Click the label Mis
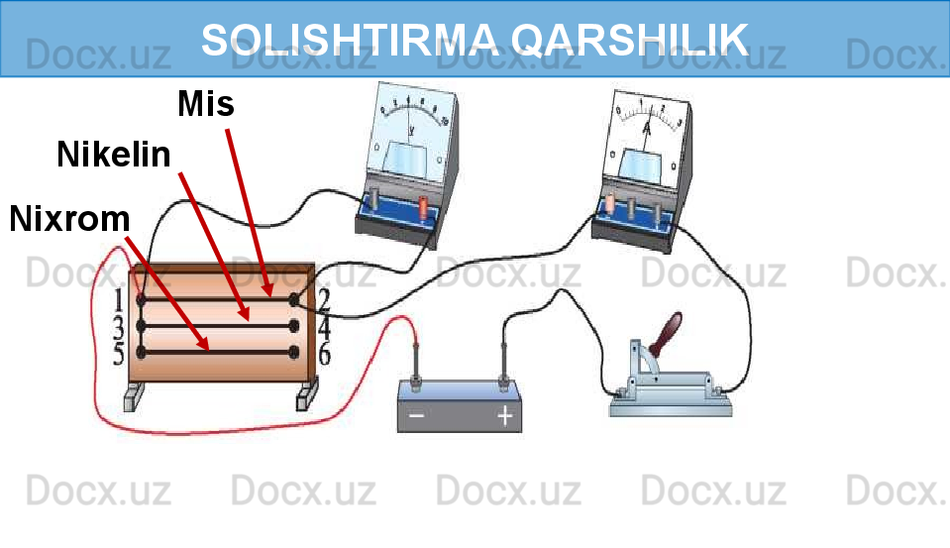pos(206,103)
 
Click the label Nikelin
pos(113,155)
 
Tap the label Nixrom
pos(69,218)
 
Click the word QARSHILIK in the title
pos(631,40)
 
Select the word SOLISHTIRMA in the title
pos(352,40)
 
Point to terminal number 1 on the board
pos(142,298)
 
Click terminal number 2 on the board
pos(294,298)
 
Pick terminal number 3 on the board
pos(142,325)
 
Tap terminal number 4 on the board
pos(294,325)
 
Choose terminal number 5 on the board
pos(142,352)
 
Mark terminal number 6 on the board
pos(294,352)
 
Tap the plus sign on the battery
pos(505,417)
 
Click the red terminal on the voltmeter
pos(424,208)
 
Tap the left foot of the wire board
pos(133,398)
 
